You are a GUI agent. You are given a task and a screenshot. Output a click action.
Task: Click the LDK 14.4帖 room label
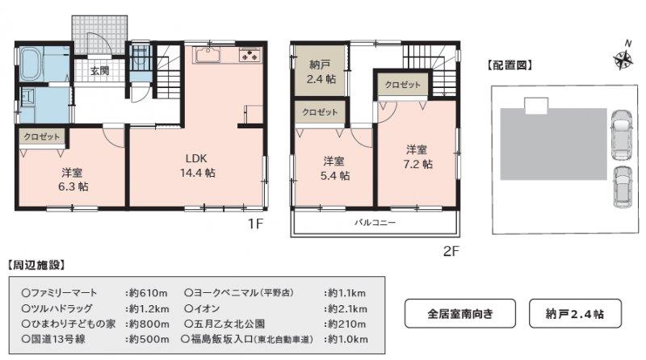(x=198, y=165)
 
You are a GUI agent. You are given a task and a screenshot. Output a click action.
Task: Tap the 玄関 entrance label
(x=99, y=71)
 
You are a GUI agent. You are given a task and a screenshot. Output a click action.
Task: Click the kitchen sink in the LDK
(x=208, y=55)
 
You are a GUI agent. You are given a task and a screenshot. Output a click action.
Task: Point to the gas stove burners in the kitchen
(x=250, y=55)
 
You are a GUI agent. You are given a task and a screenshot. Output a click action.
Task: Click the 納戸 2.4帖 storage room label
(x=321, y=72)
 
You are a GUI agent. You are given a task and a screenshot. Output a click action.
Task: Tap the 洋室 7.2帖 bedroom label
(x=417, y=157)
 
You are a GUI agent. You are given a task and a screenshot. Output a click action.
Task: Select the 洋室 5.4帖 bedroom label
(x=335, y=169)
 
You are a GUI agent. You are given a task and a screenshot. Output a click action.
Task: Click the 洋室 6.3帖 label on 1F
(x=73, y=179)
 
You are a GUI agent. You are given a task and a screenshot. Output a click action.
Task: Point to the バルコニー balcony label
(x=375, y=223)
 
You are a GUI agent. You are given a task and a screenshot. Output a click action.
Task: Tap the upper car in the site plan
(x=621, y=135)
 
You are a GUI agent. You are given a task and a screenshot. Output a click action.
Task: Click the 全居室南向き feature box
(x=460, y=313)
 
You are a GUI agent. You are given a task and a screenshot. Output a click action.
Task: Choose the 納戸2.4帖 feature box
(x=575, y=313)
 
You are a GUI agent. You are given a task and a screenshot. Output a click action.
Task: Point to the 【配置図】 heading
(x=510, y=65)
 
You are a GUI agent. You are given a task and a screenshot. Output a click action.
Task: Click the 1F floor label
(x=255, y=224)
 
